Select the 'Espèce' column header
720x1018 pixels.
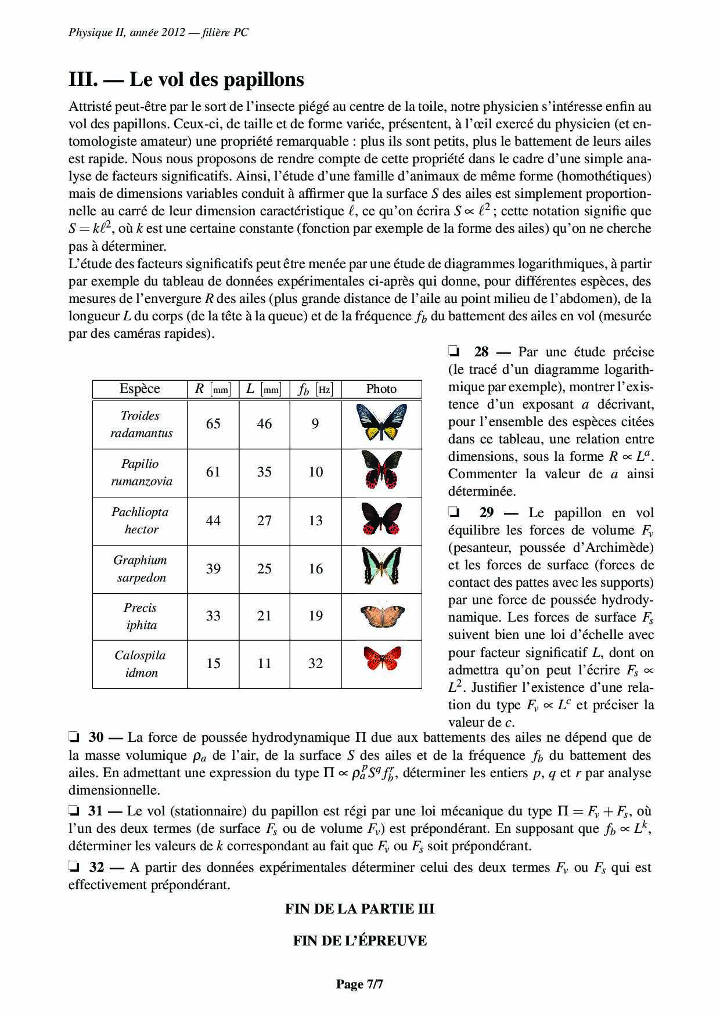139,389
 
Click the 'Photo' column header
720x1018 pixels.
381,389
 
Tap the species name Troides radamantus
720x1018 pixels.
141,424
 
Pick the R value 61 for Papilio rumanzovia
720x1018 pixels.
213,472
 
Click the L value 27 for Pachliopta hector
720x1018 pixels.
264,521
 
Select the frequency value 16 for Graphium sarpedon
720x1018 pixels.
315,569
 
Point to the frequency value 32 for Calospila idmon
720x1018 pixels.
315,663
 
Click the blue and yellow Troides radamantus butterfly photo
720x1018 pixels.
381,423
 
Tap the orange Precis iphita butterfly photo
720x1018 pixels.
381,615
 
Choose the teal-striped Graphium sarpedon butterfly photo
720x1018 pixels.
381,567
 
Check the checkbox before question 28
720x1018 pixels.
454,352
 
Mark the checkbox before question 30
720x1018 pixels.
74,738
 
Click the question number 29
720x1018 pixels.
487,513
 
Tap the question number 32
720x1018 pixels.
96,868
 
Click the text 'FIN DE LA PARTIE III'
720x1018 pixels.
359,909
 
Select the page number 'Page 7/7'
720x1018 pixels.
359,984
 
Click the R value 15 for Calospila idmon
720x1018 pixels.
213,663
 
